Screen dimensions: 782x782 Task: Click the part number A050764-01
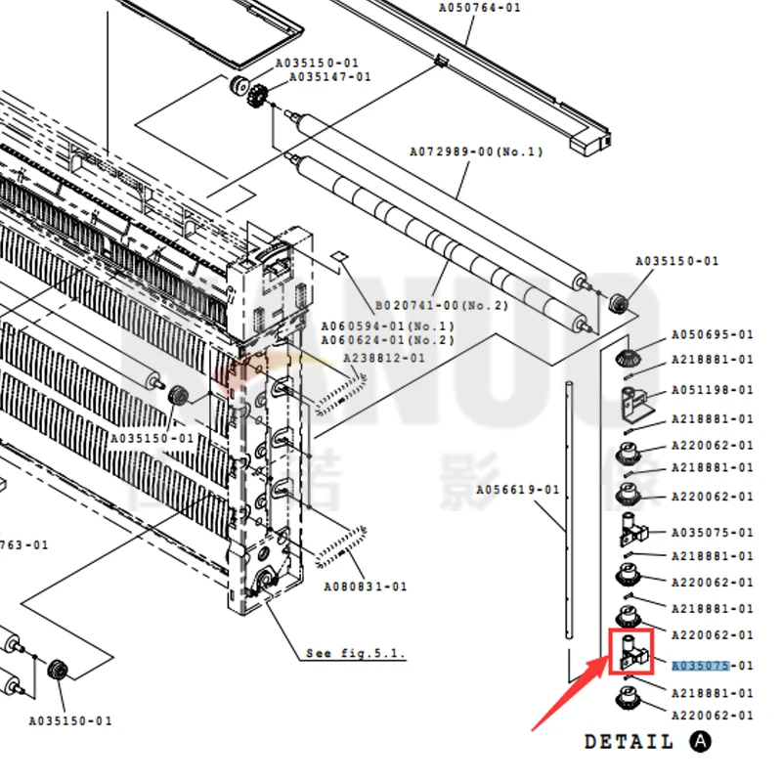[x=479, y=8]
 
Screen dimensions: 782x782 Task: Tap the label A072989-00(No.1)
[x=475, y=152]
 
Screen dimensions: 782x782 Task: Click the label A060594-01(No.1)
[x=388, y=326]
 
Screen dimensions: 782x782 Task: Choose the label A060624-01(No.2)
[x=388, y=340]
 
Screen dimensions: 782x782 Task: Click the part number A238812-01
[x=384, y=359]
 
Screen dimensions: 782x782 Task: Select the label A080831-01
[x=366, y=586]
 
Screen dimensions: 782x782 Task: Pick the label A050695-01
[x=713, y=334]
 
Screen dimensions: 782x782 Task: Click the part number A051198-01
[x=713, y=390]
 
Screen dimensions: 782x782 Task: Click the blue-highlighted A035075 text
[x=701, y=666]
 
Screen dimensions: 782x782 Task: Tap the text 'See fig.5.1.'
[x=355, y=653]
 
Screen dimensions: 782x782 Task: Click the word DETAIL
[x=629, y=742]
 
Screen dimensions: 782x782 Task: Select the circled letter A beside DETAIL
[x=700, y=742]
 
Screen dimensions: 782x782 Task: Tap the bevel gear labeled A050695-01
[x=629, y=358]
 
